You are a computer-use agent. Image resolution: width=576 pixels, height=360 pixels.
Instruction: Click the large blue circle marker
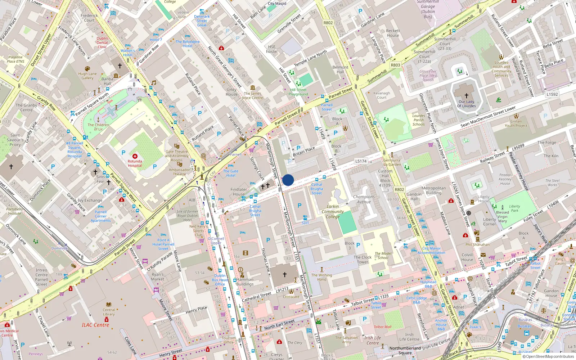point(288,180)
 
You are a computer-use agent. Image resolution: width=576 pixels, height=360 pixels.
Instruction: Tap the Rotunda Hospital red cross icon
point(135,156)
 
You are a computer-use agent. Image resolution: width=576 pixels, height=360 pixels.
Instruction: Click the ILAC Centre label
point(95,325)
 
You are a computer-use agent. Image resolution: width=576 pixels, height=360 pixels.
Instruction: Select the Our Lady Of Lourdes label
point(467,104)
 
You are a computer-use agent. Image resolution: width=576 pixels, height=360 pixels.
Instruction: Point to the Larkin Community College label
point(333,212)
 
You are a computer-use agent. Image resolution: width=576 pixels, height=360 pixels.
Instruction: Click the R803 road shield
point(395,65)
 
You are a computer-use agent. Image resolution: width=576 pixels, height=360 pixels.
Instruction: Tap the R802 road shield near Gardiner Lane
point(328,23)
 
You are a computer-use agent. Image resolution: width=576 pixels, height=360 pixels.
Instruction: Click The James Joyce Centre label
point(252,95)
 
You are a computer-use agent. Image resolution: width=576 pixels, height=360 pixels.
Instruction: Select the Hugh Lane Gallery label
point(87,76)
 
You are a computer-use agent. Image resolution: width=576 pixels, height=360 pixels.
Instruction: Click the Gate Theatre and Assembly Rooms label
point(176,156)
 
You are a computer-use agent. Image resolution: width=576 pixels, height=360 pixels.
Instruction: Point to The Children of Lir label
point(98,127)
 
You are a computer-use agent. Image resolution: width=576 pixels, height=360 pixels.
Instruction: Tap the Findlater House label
point(239,192)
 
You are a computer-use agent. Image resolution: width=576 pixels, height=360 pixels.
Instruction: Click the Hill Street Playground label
point(298,92)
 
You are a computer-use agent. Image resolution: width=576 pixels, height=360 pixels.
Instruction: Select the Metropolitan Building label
point(433,190)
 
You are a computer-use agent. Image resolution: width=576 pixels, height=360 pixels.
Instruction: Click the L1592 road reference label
point(552,94)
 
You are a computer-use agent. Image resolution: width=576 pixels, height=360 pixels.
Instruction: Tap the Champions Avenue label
point(364,199)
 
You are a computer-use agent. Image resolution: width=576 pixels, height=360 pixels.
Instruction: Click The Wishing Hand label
point(321,277)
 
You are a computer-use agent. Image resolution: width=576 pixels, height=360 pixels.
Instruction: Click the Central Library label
point(109,312)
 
